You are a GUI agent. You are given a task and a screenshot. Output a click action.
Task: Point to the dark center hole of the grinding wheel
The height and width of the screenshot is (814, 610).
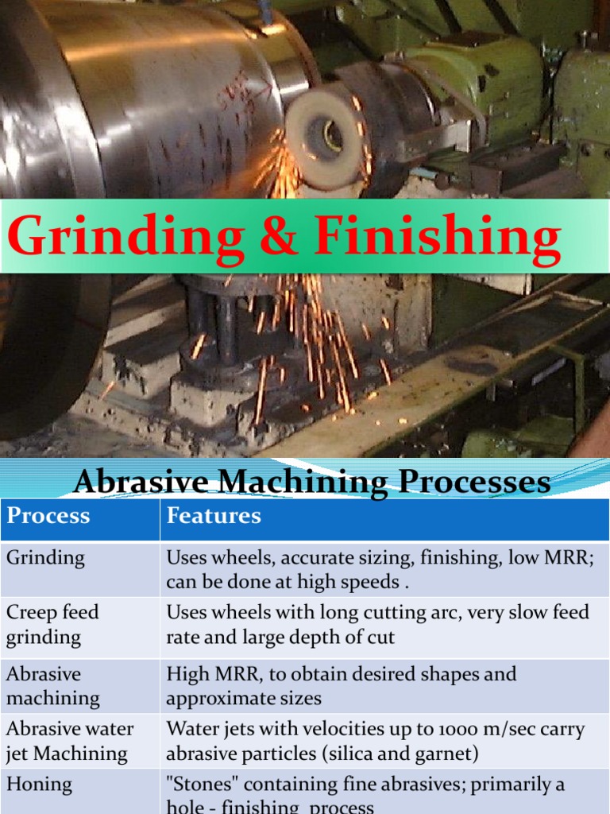332,138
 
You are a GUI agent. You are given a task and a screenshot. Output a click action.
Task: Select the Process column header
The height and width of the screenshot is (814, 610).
48,516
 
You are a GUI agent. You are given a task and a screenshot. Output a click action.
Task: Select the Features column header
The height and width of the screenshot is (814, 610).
213,516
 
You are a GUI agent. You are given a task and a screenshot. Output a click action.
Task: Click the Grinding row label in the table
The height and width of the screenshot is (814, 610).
45,557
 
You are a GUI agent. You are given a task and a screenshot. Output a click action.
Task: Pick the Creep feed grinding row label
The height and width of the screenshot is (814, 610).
52,624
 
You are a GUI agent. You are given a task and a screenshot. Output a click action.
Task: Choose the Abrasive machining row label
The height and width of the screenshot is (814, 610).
52,686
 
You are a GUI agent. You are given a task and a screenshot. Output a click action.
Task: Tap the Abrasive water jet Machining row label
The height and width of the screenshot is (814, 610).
70,740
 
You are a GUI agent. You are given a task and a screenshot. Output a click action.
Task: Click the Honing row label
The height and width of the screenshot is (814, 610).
39,785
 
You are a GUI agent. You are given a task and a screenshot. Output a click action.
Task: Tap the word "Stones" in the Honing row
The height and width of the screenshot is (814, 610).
197,785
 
